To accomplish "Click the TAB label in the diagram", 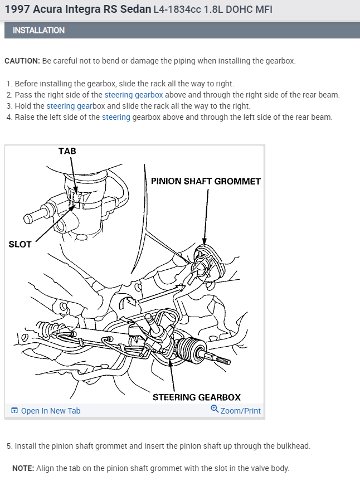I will click(x=67, y=151).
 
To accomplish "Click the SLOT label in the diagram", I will click(x=20, y=244).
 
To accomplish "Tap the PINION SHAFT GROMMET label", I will click(x=206, y=181).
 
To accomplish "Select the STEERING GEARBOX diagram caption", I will click(x=196, y=397).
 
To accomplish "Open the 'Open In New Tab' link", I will click(x=50, y=411).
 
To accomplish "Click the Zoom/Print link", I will click(x=240, y=411).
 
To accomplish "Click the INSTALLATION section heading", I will click(x=38, y=30).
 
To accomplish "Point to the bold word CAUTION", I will click(x=22, y=61).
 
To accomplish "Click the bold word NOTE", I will click(x=23, y=468).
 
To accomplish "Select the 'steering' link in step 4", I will click(x=116, y=117).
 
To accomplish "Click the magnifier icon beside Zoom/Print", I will click(x=215, y=410).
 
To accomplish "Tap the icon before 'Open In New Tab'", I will click(x=14, y=411).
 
